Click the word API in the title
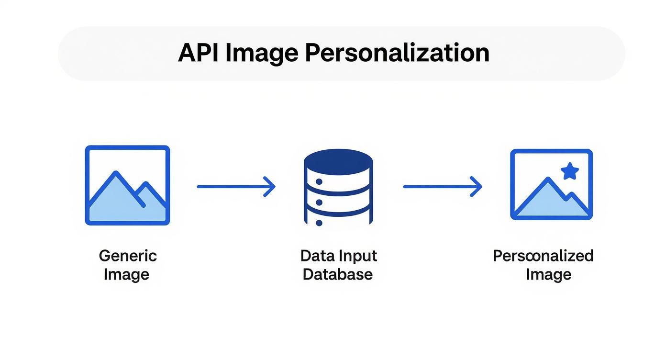(x=198, y=53)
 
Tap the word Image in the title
(x=262, y=54)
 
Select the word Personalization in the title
(x=397, y=53)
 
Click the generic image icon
(x=127, y=185)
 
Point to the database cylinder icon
(x=338, y=187)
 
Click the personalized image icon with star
(x=551, y=185)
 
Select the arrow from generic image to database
(x=236, y=186)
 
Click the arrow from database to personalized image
(x=442, y=186)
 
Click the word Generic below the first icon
(x=128, y=256)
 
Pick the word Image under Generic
(x=126, y=274)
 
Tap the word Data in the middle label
(x=317, y=256)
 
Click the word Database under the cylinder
(x=338, y=274)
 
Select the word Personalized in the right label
(x=543, y=256)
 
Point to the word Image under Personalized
(x=548, y=274)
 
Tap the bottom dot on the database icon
(x=319, y=223)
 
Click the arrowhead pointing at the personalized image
(x=477, y=186)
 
